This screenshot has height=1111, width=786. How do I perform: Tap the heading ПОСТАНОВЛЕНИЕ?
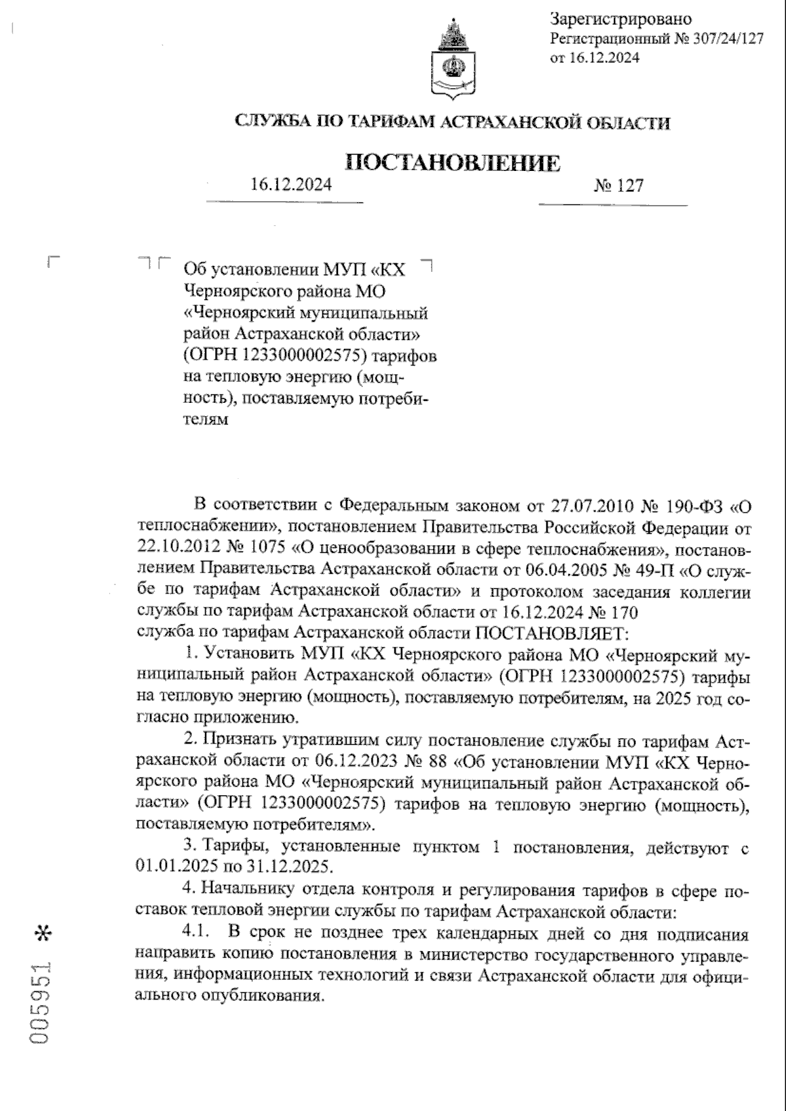click(453, 162)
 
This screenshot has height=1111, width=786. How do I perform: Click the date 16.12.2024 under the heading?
click(291, 184)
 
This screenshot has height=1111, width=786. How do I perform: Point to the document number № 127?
click(618, 186)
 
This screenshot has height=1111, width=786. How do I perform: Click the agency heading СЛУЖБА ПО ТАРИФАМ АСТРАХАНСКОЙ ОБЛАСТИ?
click(453, 122)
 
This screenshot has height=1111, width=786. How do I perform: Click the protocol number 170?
click(623, 612)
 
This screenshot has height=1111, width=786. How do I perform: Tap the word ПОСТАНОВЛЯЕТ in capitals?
click(553, 633)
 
